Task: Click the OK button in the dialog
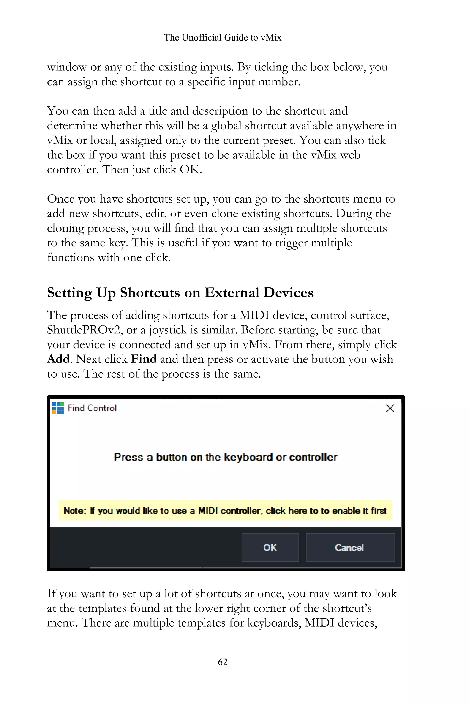click(270, 547)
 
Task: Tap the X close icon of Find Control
click(390, 408)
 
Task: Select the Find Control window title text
click(92, 408)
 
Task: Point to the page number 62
click(223, 662)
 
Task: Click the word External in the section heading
click(232, 293)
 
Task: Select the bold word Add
click(58, 359)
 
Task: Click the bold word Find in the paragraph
click(144, 359)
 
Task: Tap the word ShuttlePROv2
click(85, 330)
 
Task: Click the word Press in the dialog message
click(129, 457)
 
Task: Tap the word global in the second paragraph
click(226, 126)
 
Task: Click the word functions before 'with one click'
click(71, 258)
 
